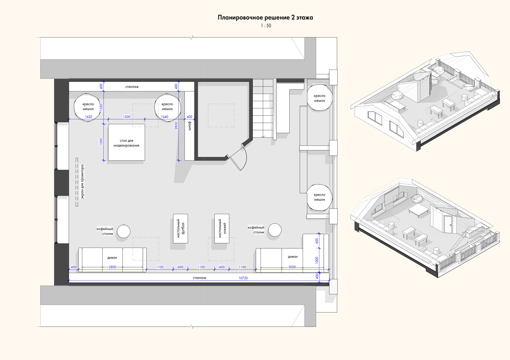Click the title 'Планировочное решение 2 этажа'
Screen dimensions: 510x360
265,18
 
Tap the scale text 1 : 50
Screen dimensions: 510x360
266,26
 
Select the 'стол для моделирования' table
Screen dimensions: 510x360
126,142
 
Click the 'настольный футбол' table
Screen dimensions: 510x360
180,229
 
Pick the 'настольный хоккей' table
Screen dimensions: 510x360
222,229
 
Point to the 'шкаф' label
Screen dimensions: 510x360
190,126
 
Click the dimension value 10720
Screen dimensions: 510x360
243,278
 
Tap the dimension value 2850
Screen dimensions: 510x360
176,126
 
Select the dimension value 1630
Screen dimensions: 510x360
89,117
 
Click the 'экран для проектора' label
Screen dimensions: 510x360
82,182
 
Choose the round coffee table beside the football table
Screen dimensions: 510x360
124,231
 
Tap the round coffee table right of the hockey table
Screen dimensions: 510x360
275,230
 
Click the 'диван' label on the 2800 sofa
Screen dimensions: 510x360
112,258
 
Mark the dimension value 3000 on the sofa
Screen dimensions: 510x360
292,267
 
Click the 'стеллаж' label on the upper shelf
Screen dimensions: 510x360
132,87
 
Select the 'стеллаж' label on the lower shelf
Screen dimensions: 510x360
199,278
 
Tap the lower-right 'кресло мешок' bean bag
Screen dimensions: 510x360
319,197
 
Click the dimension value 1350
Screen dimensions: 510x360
101,107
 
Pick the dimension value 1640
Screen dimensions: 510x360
165,117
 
